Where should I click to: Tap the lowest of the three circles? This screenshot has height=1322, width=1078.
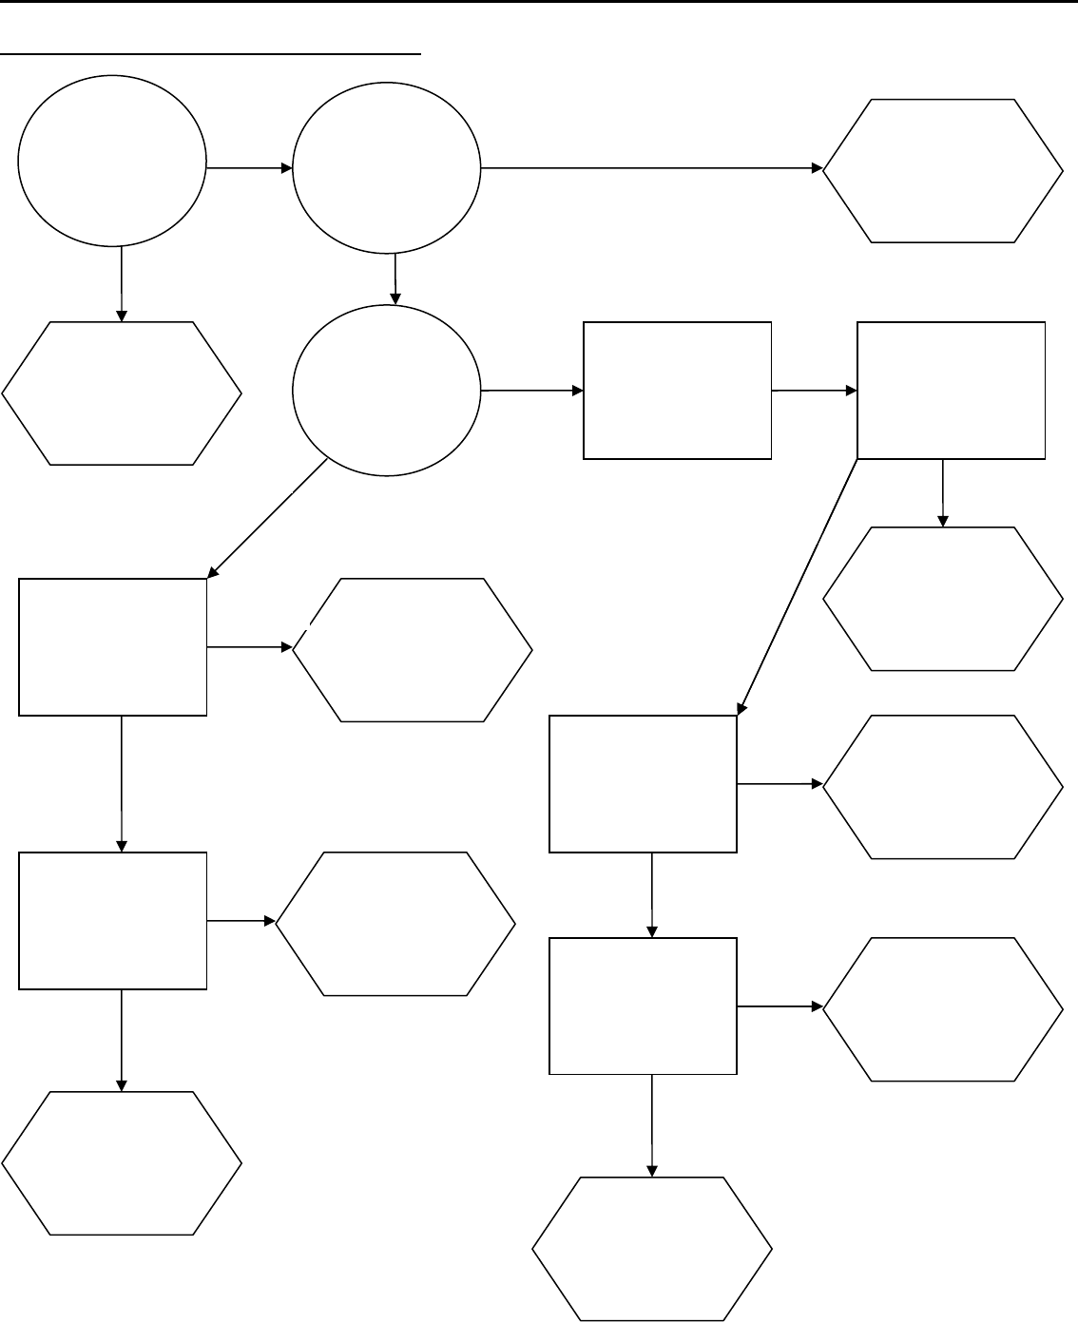click(x=387, y=391)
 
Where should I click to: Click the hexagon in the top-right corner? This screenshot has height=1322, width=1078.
click(x=942, y=170)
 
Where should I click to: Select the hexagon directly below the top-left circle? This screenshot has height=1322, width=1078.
click(x=122, y=393)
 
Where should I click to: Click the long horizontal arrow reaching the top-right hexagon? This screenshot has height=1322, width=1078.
click(x=652, y=168)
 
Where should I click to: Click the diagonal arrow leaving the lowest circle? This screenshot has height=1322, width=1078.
click(x=268, y=517)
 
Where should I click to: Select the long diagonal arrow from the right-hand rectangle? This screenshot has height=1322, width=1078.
click(x=799, y=585)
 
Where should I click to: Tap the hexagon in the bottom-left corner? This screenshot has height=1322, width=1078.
click(x=122, y=1163)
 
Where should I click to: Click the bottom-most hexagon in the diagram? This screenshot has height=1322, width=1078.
click(x=651, y=1249)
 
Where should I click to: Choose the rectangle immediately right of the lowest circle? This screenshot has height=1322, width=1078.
click(x=677, y=391)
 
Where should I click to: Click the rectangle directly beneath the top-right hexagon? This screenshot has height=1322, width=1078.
click(x=951, y=391)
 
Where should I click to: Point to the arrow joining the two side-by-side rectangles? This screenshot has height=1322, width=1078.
click(x=815, y=391)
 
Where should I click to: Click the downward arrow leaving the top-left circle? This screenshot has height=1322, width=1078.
click(x=121, y=284)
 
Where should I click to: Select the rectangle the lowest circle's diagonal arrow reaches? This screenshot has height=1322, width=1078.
click(x=113, y=646)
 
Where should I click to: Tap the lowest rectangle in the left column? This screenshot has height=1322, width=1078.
click(x=113, y=920)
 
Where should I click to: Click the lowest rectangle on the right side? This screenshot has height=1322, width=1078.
click(x=644, y=1006)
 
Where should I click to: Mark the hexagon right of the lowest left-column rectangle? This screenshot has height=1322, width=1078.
click(x=395, y=923)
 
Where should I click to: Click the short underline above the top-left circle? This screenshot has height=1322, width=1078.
click(x=210, y=55)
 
